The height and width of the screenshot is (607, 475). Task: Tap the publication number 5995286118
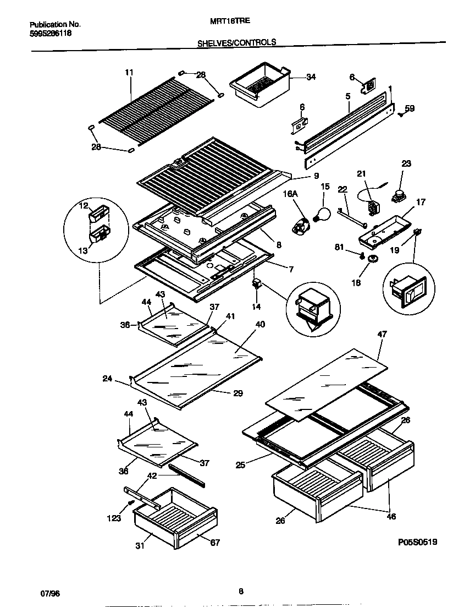coord(50,33)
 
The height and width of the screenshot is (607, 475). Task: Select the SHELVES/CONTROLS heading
coord(237,42)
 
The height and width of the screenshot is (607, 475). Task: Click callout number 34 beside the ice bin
coord(311,77)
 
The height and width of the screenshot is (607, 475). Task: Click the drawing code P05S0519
coord(417,542)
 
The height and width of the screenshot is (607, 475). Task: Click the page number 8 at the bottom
coord(241,592)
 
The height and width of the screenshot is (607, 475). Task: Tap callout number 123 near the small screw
coord(114,518)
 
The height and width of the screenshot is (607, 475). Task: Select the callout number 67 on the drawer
coord(214,543)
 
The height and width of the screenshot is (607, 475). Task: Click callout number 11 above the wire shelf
coord(129,72)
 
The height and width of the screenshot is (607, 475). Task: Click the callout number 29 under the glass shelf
coord(237,393)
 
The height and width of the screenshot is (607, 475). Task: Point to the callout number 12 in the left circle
coord(84,206)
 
